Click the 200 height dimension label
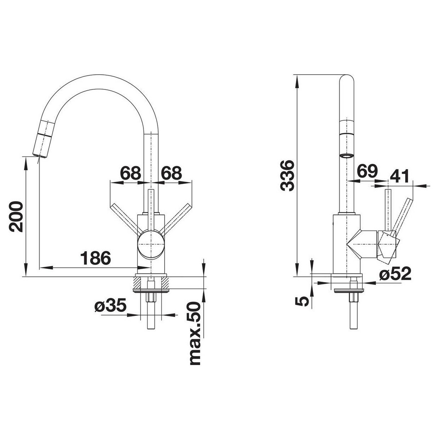coord(16,216)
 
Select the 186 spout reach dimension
coord(96,258)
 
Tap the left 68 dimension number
coord(130,173)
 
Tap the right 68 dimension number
coord(172,173)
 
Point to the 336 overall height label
coord(287,176)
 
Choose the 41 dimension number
coord(400,176)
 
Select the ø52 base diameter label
coord(396,274)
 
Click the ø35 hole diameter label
coord(110,306)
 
